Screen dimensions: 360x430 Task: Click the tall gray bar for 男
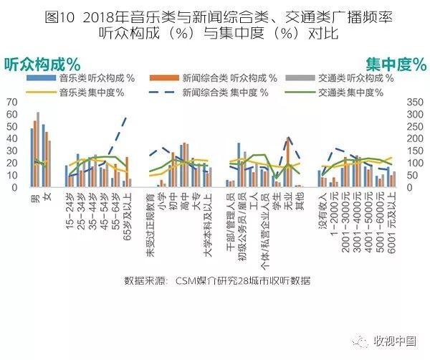[39, 150]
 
